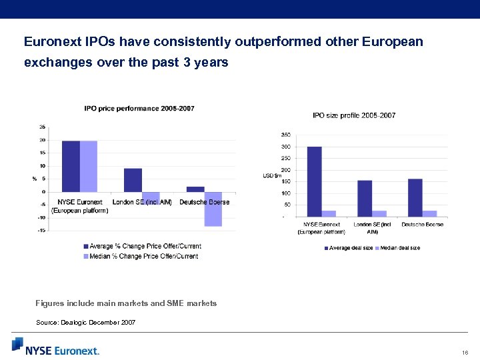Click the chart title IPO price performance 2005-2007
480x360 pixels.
(139, 108)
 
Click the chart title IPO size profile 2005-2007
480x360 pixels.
(354, 115)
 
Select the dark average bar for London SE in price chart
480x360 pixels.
(133, 180)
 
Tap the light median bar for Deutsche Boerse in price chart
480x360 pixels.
(213, 209)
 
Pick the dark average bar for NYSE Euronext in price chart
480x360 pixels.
(71, 166)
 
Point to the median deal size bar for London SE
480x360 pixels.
(380, 213)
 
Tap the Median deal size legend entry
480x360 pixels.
(398, 248)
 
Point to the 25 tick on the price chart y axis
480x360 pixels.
(42, 127)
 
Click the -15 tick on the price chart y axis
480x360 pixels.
(41, 231)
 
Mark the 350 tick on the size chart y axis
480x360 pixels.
(285, 135)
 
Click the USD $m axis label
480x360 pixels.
(272, 175)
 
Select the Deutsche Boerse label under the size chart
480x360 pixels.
(422, 225)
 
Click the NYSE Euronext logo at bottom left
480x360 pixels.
(56, 346)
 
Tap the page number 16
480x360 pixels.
(464, 352)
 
